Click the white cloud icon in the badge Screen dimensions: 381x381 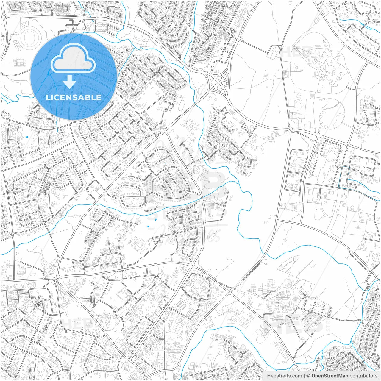coord(73,60)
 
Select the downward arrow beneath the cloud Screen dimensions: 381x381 coord(70,82)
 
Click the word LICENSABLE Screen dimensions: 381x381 coord(73,97)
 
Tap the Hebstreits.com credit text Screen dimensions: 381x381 coord(284,376)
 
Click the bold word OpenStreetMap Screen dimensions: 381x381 coord(330,376)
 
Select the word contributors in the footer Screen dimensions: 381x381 coord(363,376)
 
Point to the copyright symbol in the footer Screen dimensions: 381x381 coord(308,376)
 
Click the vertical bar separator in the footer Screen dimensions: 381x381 coord(304,376)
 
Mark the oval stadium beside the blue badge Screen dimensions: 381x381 coord(29,38)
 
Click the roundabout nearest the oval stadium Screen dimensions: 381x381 coord(4,17)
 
